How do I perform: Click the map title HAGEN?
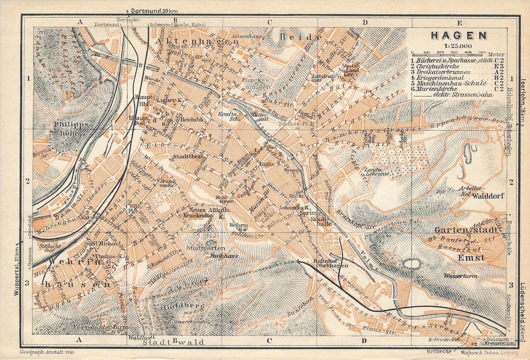458,35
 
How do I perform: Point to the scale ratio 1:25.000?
458,46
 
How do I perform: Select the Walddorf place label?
486,196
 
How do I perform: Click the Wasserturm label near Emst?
458,275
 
